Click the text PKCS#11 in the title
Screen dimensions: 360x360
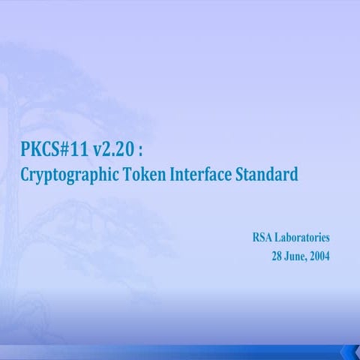click(55, 150)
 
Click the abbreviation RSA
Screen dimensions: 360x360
click(263, 238)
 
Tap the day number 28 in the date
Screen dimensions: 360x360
click(277, 256)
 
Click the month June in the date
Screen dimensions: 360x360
click(297, 256)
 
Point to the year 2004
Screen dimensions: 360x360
click(320, 256)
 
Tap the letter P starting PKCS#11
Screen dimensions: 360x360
click(26, 150)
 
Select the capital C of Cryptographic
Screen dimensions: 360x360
click(26, 175)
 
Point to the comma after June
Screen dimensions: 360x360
click(308, 259)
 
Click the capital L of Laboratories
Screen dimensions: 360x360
click(279, 238)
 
